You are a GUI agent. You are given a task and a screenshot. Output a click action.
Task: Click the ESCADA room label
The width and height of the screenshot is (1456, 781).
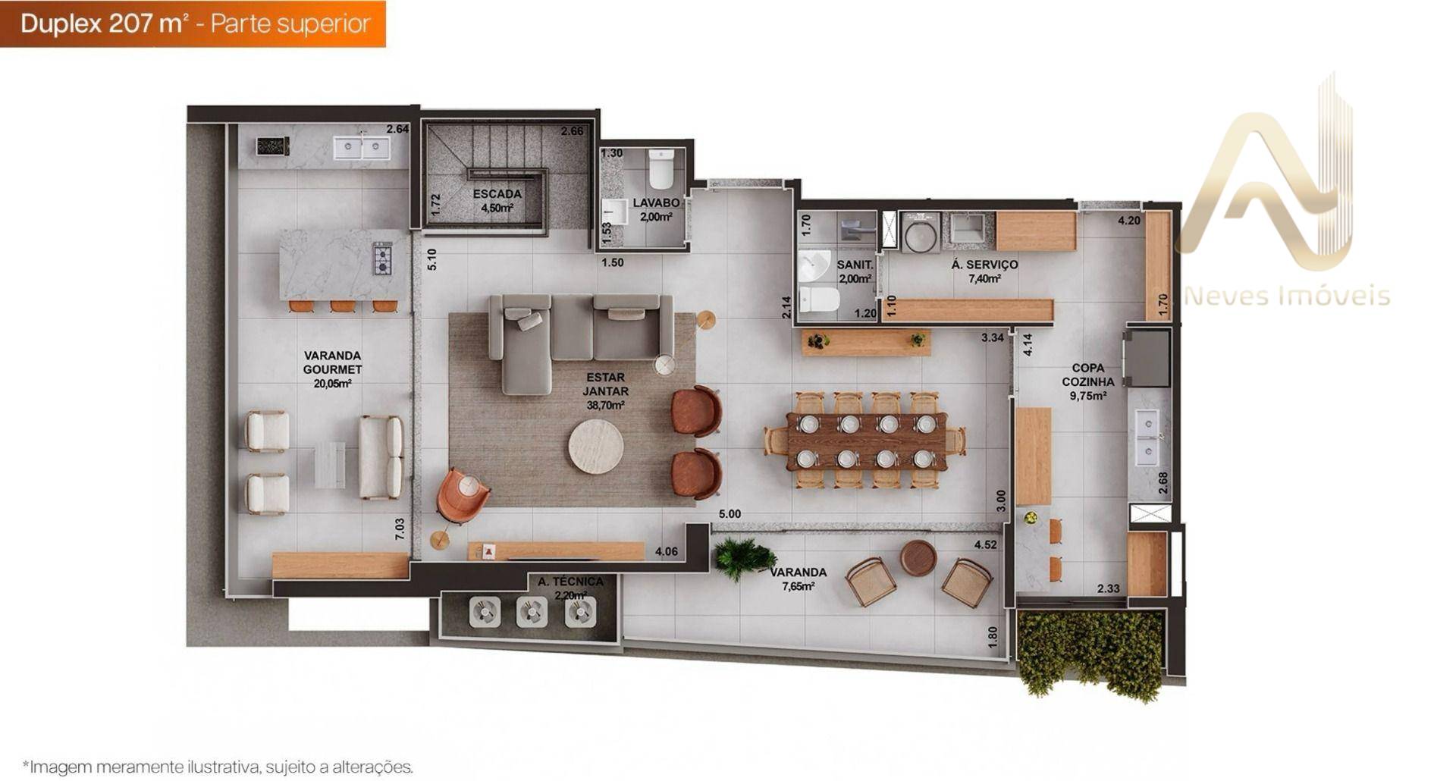pyautogui.click(x=497, y=194)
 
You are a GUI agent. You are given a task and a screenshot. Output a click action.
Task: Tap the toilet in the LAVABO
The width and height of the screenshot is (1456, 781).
pyautogui.click(x=661, y=168)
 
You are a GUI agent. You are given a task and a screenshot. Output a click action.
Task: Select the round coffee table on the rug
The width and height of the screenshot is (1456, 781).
pyautogui.click(x=596, y=447)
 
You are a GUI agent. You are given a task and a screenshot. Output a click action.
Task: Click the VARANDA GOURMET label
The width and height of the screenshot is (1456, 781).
pyautogui.click(x=332, y=362)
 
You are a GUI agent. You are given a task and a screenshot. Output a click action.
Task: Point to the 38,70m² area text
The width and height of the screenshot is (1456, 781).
pyautogui.click(x=605, y=406)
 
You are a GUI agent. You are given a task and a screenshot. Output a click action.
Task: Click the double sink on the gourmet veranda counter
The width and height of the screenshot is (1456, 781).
pyautogui.click(x=362, y=148)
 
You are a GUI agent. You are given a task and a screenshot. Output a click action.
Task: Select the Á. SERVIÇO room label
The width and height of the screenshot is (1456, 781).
pyautogui.click(x=984, y=265)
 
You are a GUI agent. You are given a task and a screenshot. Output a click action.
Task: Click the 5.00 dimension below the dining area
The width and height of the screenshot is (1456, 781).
pyautogui.click(x=730, y=514)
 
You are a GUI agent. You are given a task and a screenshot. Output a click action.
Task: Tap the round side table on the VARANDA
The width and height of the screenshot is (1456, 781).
pyautogui.click(x=918, y=558)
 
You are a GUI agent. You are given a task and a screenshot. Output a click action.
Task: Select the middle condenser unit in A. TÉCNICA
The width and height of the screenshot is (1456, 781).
pyautogui.click(x=532, y=611)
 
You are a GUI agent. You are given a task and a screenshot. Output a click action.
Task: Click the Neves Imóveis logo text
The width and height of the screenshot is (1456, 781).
pyautogui.click(x=1287, y=296)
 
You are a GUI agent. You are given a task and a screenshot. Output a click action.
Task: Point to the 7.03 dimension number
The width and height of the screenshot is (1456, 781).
pyautogui.click(x=400, y=529)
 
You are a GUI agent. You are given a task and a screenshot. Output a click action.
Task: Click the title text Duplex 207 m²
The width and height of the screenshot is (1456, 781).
pyautogui.click(x=104, y=24)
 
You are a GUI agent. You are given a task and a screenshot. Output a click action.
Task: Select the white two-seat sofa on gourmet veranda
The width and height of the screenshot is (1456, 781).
pyautogui.click(x=381, y=457)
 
